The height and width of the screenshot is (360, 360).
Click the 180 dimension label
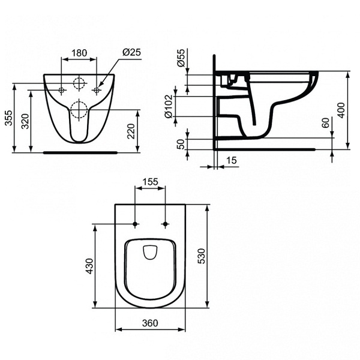point(79,53)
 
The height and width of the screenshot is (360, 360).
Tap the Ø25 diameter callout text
point(131,52)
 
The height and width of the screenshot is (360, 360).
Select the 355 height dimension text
point(9,118)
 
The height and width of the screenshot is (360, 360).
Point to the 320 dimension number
point(25,121)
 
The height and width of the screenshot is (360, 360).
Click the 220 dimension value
point(131,131)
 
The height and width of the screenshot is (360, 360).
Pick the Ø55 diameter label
point(181,58)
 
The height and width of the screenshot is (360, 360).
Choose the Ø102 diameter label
point(169,107)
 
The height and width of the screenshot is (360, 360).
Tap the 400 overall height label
point(341,110)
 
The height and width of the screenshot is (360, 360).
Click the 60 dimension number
point(326,122)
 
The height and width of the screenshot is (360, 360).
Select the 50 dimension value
point(181,144)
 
